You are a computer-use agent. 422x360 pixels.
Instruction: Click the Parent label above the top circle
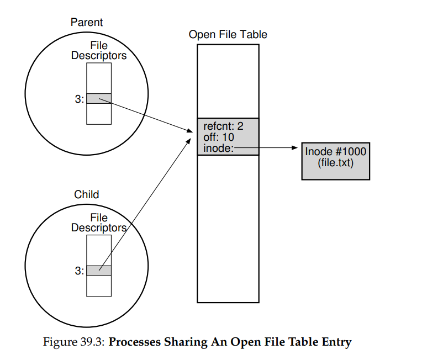[87, 23]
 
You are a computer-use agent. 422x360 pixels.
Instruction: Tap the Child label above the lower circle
[87, 194]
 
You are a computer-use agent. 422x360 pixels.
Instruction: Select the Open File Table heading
[228, 34]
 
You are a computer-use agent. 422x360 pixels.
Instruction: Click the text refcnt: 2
[223, 126]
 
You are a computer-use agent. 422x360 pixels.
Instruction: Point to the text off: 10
[219, 136]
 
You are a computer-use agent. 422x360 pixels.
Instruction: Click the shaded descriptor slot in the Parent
[99, 99]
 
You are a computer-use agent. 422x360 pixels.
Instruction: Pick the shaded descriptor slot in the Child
[99, 271]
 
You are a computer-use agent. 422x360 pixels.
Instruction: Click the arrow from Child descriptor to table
[146, 204]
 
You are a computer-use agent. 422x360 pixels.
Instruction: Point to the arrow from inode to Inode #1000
[271, 147]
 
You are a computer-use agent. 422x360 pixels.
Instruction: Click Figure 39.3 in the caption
[73, 342]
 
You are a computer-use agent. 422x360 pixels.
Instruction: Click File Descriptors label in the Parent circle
[99, 51]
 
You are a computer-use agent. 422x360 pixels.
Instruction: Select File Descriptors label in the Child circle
[99, 223]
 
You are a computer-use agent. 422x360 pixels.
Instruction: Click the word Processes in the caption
[135, 342]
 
